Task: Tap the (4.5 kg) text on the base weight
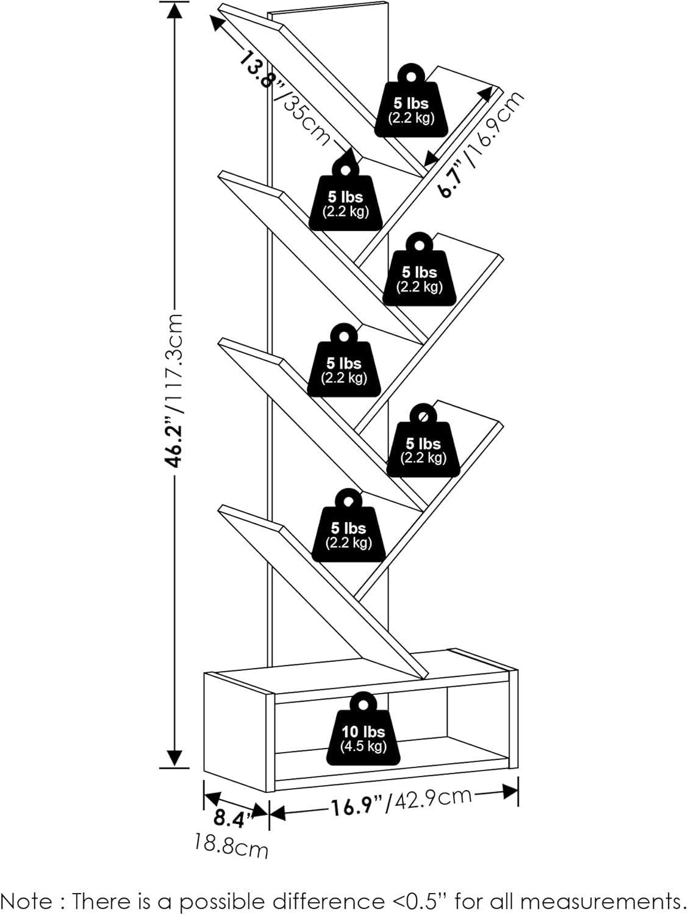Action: [x=364, y=746]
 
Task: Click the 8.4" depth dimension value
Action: [x=229, y=819]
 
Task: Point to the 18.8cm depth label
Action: [x=231, y=846]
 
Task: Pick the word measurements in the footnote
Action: [x=600, y=901]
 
